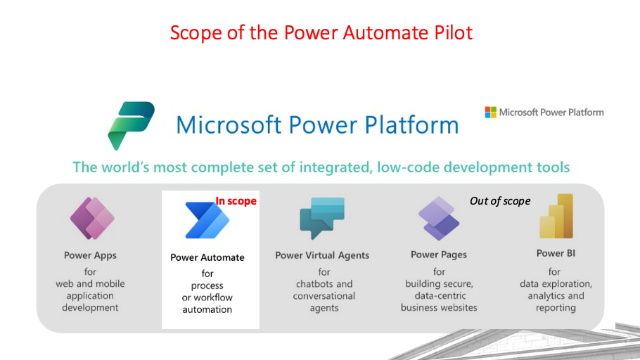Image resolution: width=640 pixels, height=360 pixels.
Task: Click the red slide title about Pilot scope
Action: pos(321,32)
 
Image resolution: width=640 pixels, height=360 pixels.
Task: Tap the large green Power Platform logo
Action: pos(131,125)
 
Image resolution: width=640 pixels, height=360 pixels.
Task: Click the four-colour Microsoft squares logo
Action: pos(490,112)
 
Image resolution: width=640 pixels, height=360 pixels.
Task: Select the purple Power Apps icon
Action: pos(91,219)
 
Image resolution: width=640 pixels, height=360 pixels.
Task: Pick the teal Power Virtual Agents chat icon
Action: pos(321,219)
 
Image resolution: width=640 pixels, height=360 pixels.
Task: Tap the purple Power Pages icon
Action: pos(438,219)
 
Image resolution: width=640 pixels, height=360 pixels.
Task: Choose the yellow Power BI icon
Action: pos(556,217)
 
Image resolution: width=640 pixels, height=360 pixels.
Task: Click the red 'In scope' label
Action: pos(236,201)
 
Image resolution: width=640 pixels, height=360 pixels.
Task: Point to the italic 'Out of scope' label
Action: pos(500,201)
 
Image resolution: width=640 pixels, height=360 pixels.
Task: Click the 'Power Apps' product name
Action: pos(90,255)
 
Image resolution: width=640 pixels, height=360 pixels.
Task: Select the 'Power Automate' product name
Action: pos(207,257)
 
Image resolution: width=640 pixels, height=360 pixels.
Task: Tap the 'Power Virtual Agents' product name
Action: pos(322,255)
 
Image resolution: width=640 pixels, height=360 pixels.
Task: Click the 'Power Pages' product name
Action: pos(439,255)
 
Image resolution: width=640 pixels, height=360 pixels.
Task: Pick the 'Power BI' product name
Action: pos(556,253)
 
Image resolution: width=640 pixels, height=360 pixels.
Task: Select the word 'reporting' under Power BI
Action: pos(555,308)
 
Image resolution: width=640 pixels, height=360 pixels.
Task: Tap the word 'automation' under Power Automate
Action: pos(207,309)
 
